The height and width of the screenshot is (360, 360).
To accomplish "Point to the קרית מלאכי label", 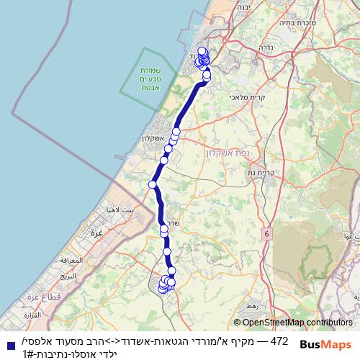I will (248, 97).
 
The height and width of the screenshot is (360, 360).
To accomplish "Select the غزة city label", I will (94, 233).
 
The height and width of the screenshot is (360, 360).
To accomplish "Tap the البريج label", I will (68, 276).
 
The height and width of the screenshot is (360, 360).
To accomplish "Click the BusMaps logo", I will (325, 345).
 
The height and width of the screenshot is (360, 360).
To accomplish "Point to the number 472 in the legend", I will (279, 340).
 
